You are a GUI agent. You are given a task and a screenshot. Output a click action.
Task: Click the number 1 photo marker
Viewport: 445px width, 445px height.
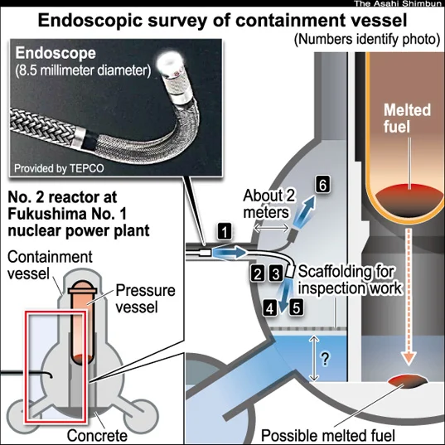[x=225, y=231]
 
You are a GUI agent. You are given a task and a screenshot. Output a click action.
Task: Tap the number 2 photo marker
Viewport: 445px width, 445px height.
[x=258, y=273]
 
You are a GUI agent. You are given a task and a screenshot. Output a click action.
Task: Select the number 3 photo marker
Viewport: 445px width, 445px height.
[x=276, y=273]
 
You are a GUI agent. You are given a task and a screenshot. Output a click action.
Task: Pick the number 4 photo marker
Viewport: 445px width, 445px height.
[x=270, y=308]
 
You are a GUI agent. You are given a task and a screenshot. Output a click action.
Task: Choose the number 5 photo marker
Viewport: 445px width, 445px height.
[x=297, y=307]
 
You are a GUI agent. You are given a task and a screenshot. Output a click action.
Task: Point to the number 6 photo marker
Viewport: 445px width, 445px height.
[x=322, y=185]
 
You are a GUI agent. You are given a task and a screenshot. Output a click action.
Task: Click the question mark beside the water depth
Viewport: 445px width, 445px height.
[x=325, y=359]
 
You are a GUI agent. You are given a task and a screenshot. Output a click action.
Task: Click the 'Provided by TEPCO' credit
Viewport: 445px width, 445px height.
[x=59, y=168]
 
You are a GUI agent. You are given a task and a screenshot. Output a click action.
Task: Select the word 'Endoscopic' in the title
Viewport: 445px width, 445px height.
[x=90, y=21]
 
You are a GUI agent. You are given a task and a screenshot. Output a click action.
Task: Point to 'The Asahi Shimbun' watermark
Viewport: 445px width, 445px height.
[x=399, y=3]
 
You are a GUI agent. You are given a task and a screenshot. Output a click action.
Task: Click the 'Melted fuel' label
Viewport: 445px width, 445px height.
[x=407, y=118]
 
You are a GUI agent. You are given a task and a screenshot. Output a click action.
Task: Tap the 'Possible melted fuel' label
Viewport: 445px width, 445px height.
[x=328, y=435]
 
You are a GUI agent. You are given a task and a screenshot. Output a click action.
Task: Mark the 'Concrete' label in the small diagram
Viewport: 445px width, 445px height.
[x=97, y=435]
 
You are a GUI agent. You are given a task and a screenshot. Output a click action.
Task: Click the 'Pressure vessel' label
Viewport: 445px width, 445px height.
[x=145, y=298]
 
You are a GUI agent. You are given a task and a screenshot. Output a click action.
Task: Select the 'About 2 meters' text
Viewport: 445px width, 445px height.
[x=269, y=204]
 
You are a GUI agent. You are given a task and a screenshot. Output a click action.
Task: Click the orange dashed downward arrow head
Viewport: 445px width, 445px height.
[x=409, y=358]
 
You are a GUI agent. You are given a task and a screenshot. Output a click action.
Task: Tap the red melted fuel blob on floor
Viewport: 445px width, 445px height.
[x=407, y=381]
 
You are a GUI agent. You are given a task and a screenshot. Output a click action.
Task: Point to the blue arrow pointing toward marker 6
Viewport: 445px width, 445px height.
[x=305, y=210]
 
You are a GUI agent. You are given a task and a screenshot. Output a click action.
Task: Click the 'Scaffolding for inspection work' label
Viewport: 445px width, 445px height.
[x=350, y=280]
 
